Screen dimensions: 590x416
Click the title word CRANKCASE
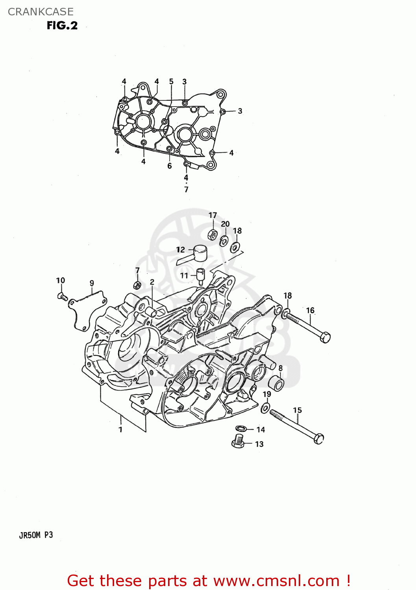pyautogui.click(x=41, y=12)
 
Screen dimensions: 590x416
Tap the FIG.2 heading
pyautogui.click(x=62, y=26)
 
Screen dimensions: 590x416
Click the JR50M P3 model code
pyautogui.click(x=36, y=535)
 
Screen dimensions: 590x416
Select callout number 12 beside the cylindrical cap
pyautogui.click(x=180, y=250)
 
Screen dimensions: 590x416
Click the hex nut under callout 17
pyautogui.click(x=212, y=235)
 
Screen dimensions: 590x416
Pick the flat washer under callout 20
pyautogui.click(x=224, y=240)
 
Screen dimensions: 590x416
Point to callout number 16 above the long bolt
pyautogui.click(x=310, y=310)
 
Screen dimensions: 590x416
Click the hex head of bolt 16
pyautogui.click(x=325, y=337)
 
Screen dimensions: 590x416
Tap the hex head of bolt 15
pyautogui.click(x=319, y=438)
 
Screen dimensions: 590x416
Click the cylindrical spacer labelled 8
pyautogui.click(x=275, y=383)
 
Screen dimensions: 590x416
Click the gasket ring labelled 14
pyautogui.click(x=241, y=429)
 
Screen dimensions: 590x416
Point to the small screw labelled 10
pyautogui.click(x=62, y=296)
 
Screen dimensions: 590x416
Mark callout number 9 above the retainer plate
pyautogui.click(x=92, y=283)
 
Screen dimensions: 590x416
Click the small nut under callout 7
pyautogui.click(x=137, y=285)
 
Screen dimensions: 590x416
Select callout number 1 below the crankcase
pyautogui.click(x=120, y=430)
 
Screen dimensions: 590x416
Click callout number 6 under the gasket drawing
pyautogui.click(x=170, y=166)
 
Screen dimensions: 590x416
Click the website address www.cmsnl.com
pyautogui.click(x=276, y=581)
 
